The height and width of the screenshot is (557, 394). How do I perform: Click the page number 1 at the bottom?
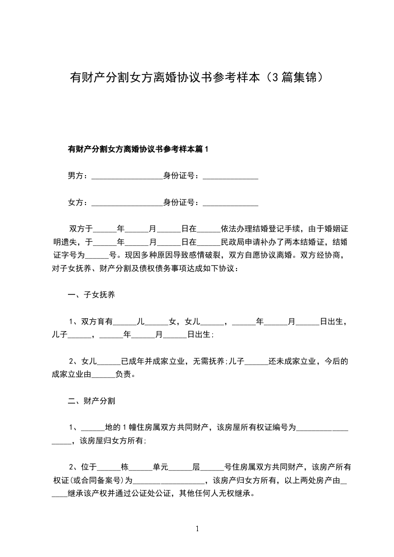tap(198, 529)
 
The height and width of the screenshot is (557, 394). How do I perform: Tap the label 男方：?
tap(78, 176)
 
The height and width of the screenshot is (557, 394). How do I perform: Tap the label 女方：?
tap(78, 203)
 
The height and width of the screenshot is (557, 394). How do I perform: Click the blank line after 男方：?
tap(128, 177)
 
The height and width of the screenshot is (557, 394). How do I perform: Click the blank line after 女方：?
tap(128, 204)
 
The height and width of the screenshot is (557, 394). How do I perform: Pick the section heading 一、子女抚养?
tap(91, 295)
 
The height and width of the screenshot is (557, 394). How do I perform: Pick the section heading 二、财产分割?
tap(91, 400)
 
